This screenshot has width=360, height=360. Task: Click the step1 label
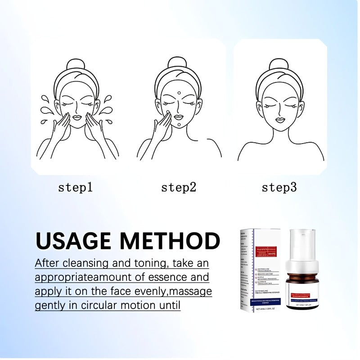click(75, 187)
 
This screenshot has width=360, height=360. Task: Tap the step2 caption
click(179, 187)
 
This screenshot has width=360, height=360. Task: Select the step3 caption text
click(279, 187)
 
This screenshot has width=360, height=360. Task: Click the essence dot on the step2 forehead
click(179, 93)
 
